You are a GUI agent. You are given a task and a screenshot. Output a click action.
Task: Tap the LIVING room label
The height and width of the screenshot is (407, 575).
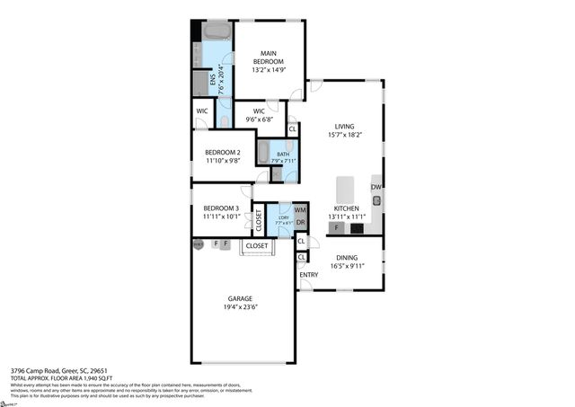346,127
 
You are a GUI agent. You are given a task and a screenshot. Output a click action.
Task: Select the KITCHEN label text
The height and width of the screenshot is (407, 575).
348,208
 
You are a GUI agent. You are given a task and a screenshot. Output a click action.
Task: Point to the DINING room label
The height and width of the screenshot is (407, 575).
345,258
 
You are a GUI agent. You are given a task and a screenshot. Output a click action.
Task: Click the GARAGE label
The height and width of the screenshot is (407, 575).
240,298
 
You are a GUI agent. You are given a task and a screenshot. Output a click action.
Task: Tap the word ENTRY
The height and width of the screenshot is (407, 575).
308,275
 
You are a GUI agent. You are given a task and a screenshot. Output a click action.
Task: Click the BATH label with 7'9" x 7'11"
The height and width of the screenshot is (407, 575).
283,155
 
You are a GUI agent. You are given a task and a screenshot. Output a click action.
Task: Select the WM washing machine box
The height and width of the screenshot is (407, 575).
300,210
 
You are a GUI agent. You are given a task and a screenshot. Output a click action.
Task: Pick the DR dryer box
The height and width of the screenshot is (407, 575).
300,222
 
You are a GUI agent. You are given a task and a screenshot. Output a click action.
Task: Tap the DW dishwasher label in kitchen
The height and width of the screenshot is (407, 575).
376,187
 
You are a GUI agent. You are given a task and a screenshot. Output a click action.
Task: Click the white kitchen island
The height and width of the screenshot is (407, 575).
345,190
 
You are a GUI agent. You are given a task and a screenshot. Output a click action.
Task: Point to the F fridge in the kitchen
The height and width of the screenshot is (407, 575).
336,228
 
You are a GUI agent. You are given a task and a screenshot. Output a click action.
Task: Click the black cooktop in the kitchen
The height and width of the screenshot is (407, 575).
357,228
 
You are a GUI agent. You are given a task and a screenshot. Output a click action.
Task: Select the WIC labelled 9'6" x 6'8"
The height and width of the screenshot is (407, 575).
258,116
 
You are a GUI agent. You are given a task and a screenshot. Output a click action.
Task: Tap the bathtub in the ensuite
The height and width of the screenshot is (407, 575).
217,34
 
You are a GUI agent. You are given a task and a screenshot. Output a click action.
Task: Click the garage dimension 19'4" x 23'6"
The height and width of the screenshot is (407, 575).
240,308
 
